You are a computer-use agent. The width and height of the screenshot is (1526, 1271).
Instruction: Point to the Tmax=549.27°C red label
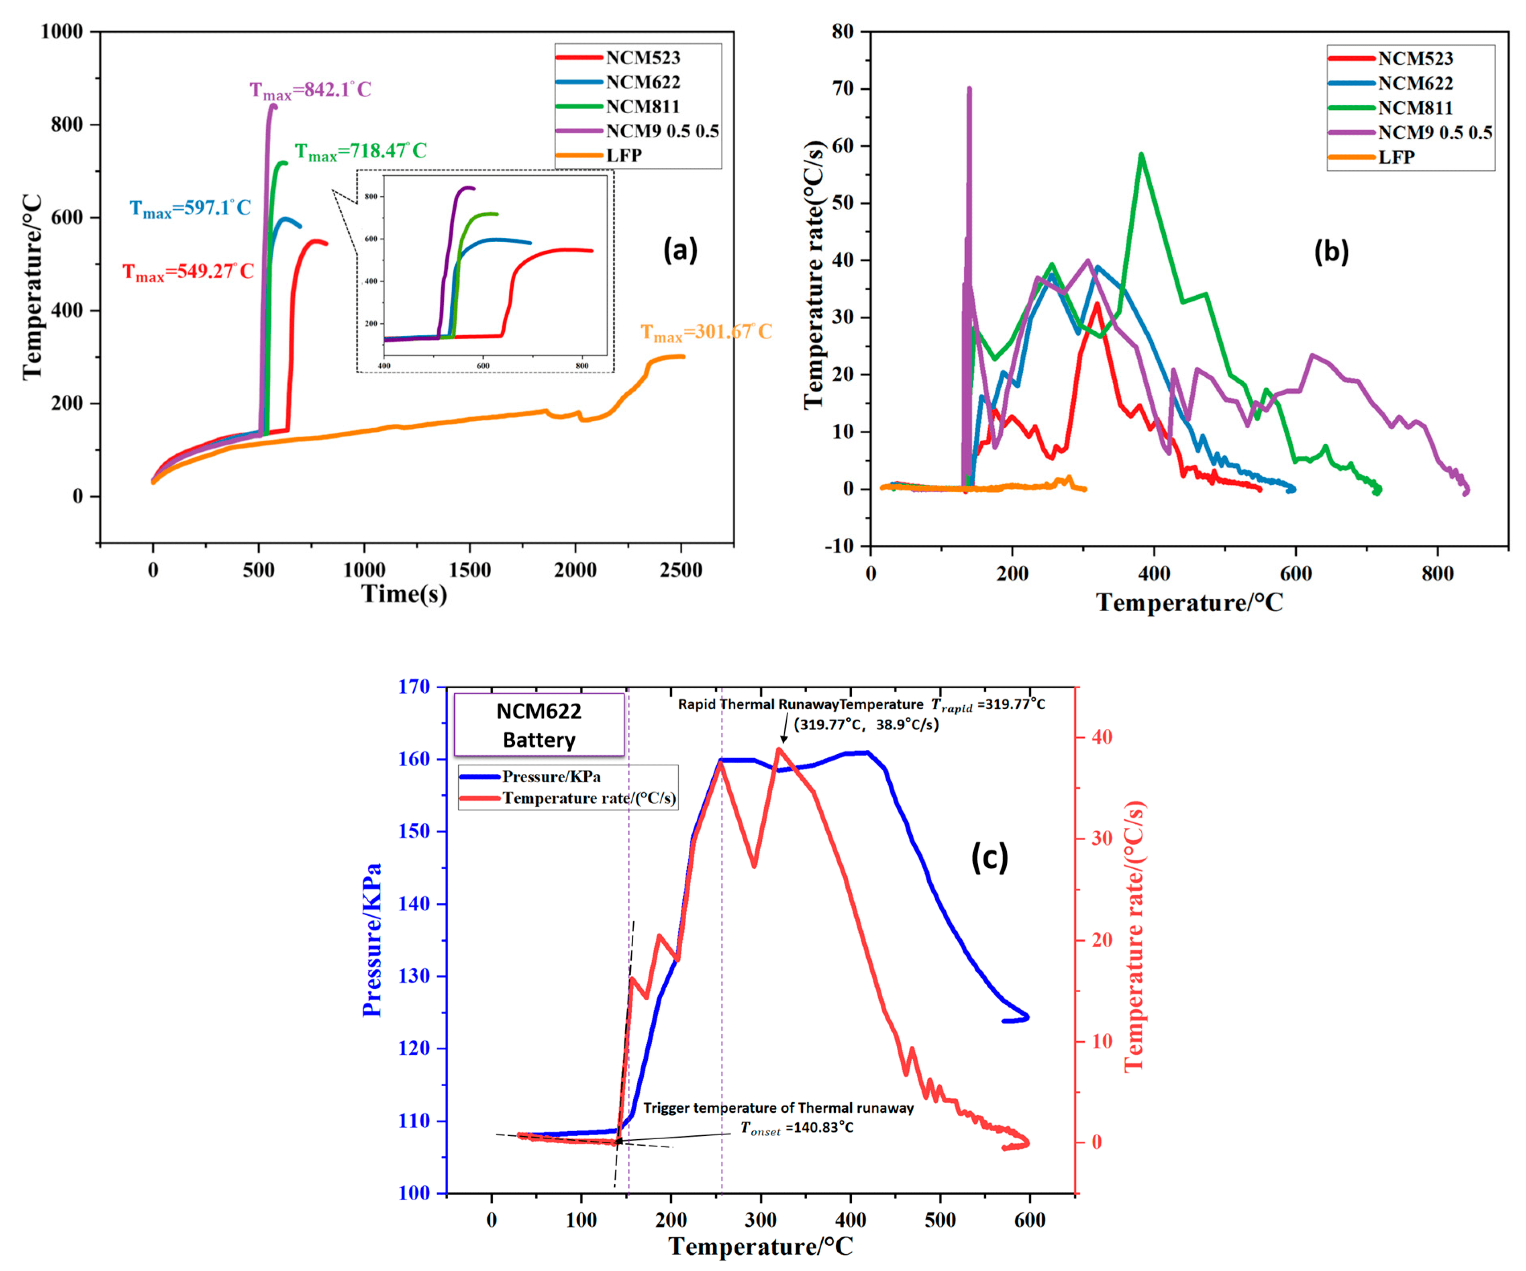click(x=188, y=272)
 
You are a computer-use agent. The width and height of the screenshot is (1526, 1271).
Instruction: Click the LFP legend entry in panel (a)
click(x=624, y=155)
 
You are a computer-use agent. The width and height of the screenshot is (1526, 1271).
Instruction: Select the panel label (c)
click(x=989, y=857)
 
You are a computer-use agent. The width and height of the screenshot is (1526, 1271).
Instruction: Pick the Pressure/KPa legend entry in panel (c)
click(x=551, y=777)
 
